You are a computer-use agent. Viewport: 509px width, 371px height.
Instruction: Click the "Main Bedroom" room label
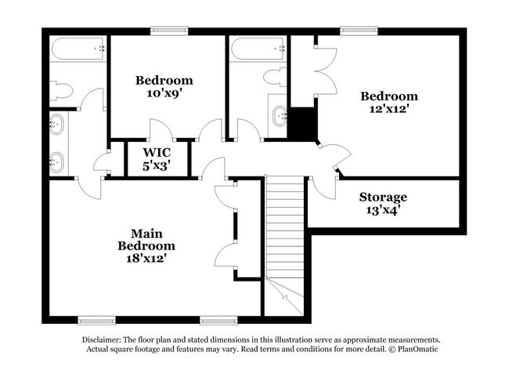pos(141,239)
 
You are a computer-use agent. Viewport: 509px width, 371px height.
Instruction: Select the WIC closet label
pos(156,152)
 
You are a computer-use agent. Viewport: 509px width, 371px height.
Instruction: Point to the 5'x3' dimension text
pos(156,165)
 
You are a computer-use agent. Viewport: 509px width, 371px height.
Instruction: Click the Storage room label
pos(383,197)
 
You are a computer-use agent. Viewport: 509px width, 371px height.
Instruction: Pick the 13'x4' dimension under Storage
pos(383,210)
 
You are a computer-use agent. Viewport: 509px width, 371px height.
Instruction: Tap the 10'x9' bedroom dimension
pos(164,93)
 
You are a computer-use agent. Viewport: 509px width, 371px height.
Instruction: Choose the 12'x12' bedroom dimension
pos(388,109)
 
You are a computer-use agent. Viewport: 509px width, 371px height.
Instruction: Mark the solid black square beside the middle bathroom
pos(303,123)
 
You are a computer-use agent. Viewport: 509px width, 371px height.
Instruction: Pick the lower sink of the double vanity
pos(56,162)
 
